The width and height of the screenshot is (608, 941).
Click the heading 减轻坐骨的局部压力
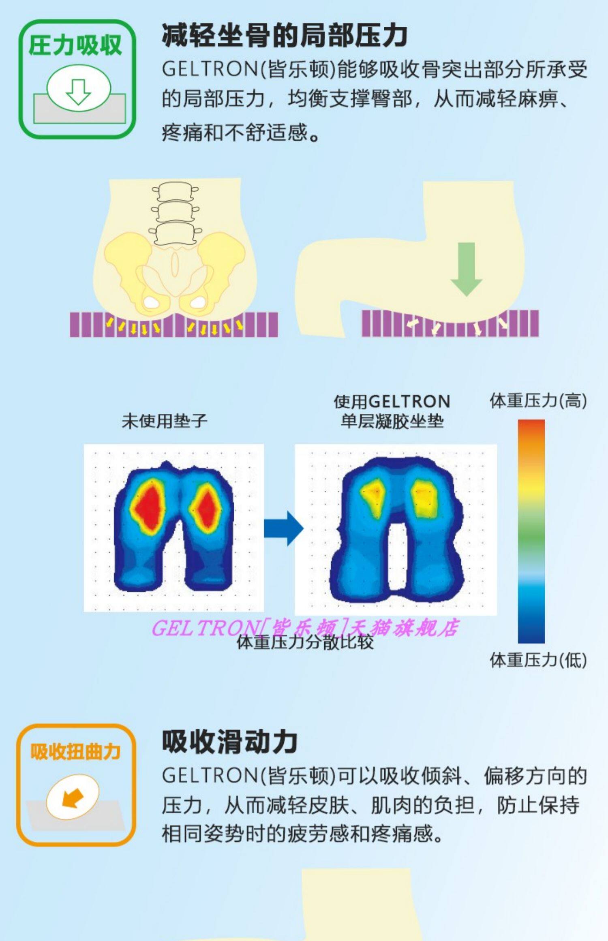285,36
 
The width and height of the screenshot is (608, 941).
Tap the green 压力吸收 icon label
75,45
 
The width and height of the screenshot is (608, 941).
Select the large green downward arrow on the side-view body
466,269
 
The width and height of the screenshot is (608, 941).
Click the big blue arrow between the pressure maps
284,528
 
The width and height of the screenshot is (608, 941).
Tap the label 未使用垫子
165,421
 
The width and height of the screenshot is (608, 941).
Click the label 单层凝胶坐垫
392,422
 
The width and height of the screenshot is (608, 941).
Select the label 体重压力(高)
538,401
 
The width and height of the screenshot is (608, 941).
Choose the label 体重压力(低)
538,660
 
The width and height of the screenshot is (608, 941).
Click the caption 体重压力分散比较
305,643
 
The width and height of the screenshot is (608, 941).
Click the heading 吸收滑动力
230,742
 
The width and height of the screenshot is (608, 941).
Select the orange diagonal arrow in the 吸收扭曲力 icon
72,799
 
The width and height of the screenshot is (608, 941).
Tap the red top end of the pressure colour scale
531,426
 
